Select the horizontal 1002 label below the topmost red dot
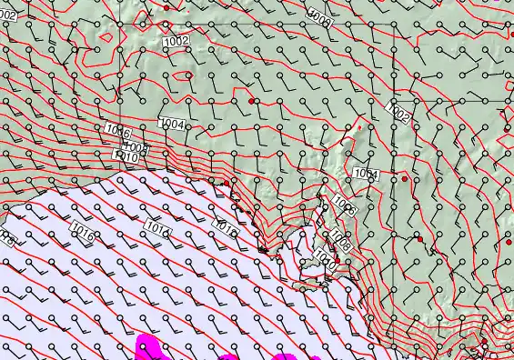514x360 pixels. click(x=176, y=42)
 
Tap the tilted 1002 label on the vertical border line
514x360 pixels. click(x=398, y=112)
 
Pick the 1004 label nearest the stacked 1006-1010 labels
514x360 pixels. click(x=171, y=124)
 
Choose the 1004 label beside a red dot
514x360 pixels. click(x=366, y=174)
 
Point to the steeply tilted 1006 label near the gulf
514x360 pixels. click(x=344, y=205)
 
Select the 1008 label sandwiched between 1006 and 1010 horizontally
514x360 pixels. click(x=135, y=147)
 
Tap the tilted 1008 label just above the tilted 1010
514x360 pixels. click(x=340, y=239)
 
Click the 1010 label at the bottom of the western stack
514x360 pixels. click(x=126, y=157)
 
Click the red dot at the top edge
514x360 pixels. click(x=166, y=7)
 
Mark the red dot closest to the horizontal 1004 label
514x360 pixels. click(x=251, y=101)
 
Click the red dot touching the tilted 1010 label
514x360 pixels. click(x=336, y=263)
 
